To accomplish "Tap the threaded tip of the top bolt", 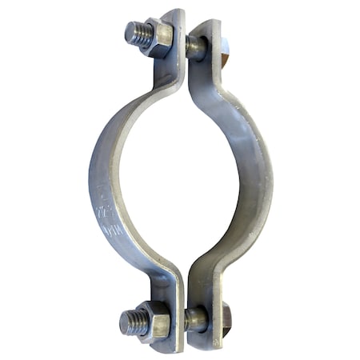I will [x=137, y=33].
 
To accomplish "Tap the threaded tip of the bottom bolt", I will [x=133, y=322].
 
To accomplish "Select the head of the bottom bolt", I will [x=225, y=320].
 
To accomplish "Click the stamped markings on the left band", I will [x=102, y=208].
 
